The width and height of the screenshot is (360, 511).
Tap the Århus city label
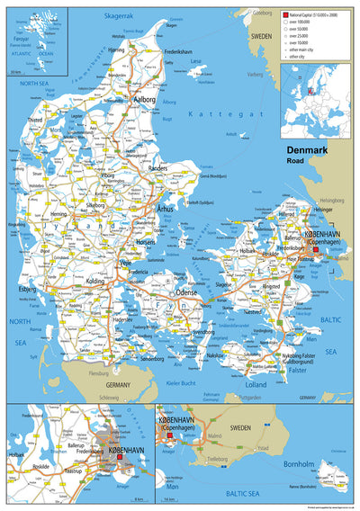pyautogui.click(x=165, y=209)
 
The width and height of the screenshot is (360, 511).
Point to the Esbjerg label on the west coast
pyautogui.click(x=27, y=290)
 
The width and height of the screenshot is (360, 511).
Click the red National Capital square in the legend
pyautogui.click(x=285, y=15)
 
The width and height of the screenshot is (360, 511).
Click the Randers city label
pyautogui.click(x=157, y=168)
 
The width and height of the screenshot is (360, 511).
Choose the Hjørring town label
pyautogui.click(x=116, y=50)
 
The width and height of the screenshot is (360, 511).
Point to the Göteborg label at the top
pyautogui.click(x=262, y=13)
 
